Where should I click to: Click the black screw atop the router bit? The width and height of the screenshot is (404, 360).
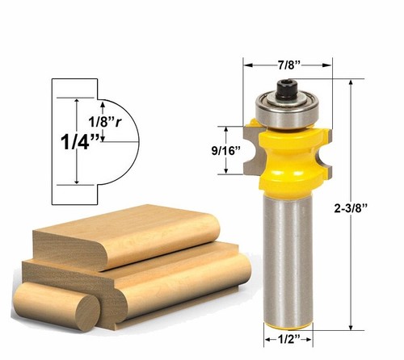point(288,85)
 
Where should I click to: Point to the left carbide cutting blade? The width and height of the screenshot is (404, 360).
point(254,149)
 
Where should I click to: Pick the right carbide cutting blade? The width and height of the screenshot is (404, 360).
point(324,149)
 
